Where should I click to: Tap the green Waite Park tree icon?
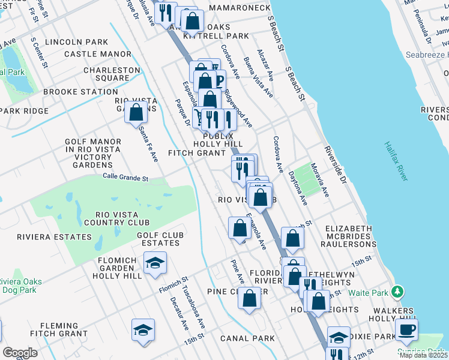(x=396, y=292)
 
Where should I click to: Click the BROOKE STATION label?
(x=80, y=92)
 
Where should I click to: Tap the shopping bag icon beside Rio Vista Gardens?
(x=136, y=112)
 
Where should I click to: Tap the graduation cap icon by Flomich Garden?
(x=155, y=263)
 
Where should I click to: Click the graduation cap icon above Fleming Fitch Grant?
(x=143, y=330)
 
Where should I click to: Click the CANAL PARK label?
(x=247, y=338)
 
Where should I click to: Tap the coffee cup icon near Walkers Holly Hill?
(x=406, y=329)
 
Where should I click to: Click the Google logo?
(x=20, y=352)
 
